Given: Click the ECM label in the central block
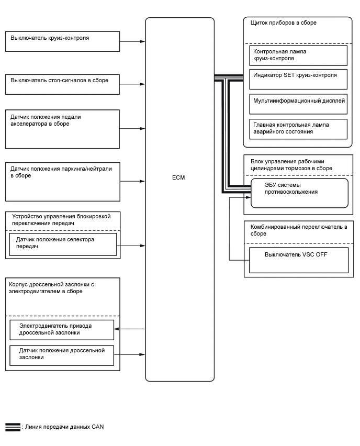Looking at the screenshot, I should (178, 177).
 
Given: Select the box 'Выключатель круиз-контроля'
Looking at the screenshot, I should (62, 41).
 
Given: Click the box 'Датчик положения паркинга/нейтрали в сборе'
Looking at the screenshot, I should (62, 181).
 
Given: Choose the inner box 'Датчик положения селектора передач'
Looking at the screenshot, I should (63, 244).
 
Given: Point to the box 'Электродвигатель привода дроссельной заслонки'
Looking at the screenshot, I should (62, 330).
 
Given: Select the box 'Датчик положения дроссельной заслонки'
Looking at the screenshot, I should (62, 355).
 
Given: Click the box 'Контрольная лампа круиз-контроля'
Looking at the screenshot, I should (298, 55).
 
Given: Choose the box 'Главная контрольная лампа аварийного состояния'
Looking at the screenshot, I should (298, 129).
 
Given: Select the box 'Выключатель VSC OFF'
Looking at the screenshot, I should (298, 260).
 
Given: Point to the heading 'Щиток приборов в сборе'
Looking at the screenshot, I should (285, 23).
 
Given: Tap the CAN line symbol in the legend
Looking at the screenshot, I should (13, 427).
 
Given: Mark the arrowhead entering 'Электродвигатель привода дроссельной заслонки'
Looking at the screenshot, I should (117, 329).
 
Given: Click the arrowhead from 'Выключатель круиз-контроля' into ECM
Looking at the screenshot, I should (142, 41).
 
